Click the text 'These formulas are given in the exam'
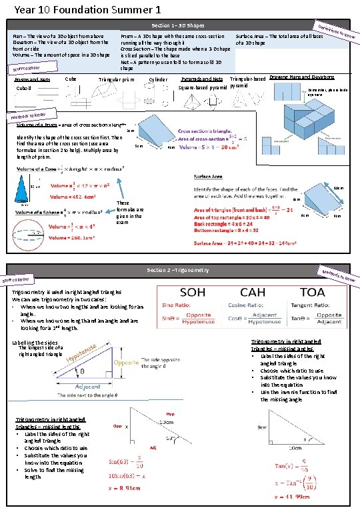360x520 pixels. click(129, 213)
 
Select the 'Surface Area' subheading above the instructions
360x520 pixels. click(212, 177)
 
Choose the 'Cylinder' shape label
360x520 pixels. click(158, 79)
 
